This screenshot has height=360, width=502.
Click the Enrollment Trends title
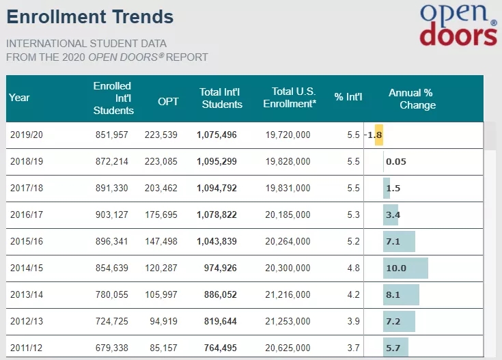(90, 17)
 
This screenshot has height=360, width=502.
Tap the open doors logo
(458, 25)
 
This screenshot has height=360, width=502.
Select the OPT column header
(168, 101)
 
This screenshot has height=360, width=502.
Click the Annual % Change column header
(412, 99)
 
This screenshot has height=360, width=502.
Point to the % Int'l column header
(348, 97)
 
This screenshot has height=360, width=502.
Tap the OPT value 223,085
(161, 162)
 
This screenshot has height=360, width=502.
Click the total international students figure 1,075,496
(217, 135)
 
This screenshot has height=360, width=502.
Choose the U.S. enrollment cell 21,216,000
(288, 294)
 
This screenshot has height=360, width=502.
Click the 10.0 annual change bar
(405, 268)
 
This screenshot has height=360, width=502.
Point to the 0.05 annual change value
(396, 162)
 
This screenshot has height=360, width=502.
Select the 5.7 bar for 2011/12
(395, 348)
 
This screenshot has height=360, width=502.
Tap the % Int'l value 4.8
(353, 268)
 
